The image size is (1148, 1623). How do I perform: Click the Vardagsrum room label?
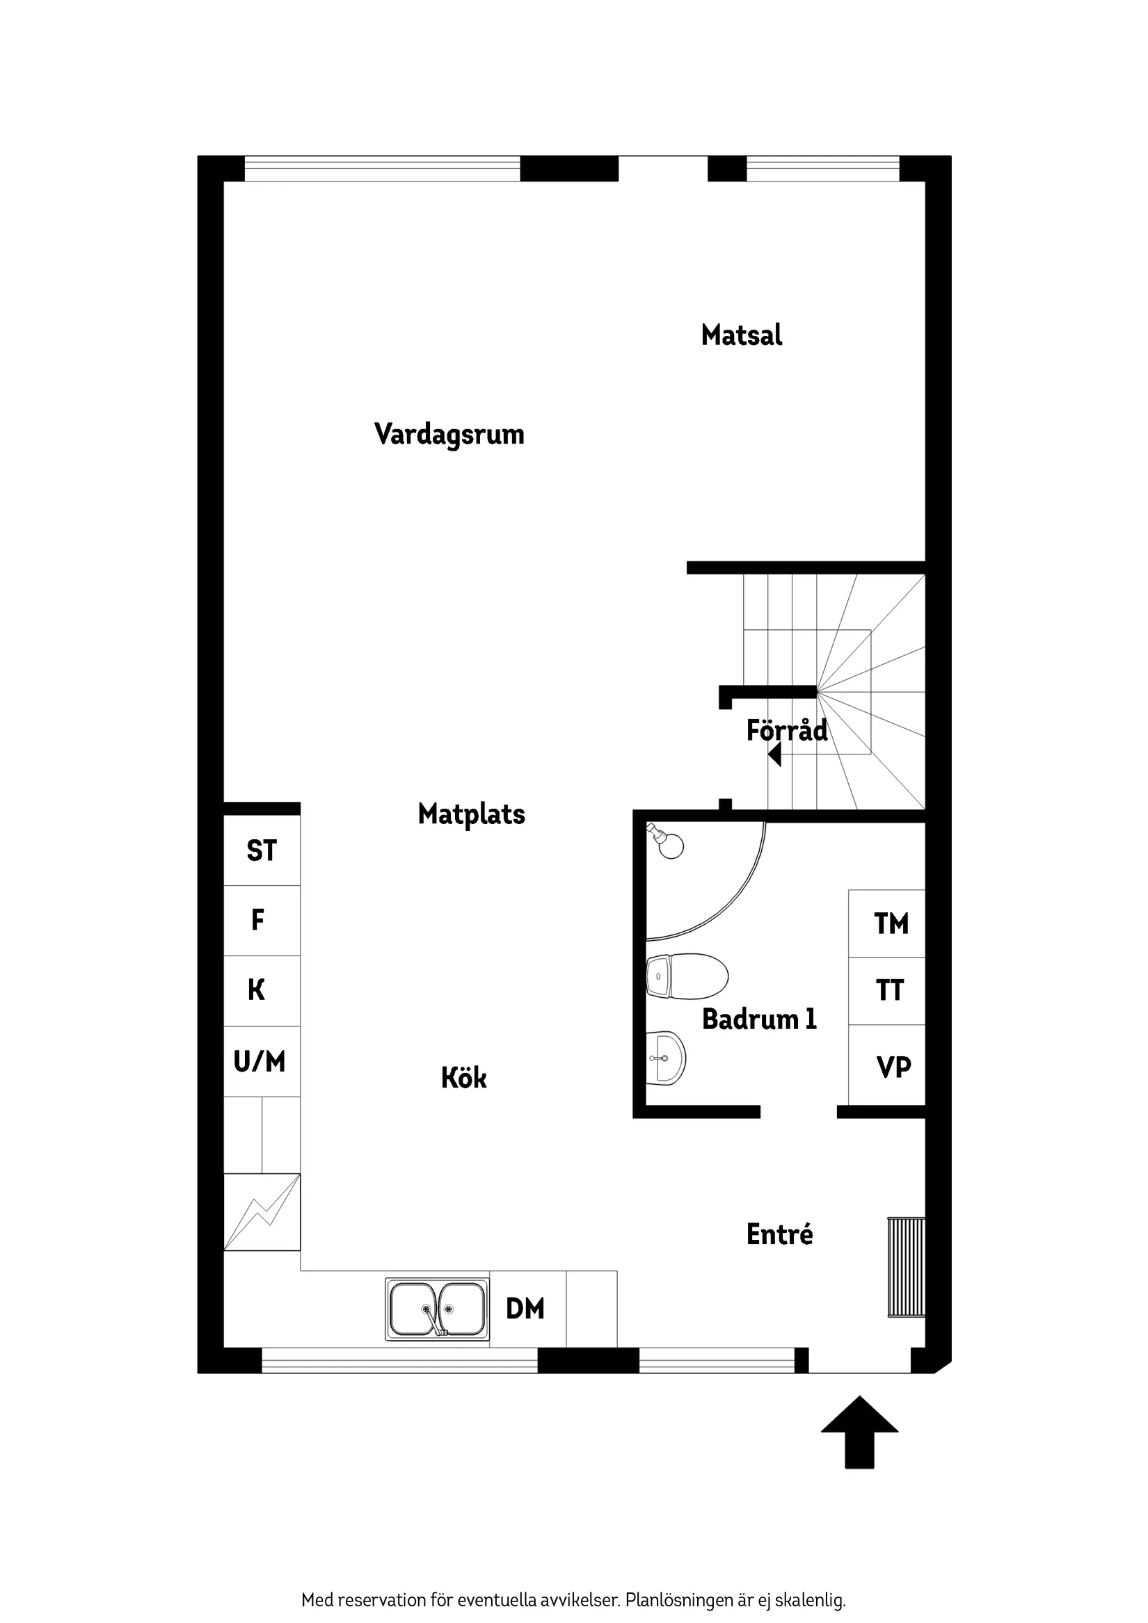[449, 434]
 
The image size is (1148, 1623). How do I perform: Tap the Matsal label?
[741, 335]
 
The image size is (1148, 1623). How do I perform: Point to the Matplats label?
[471, 814]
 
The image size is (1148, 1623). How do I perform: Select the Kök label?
[464, 1078]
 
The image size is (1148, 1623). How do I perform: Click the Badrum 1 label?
[759, 1019]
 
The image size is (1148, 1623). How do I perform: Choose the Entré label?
[779, 1234]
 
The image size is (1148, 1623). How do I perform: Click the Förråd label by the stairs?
[786, 730]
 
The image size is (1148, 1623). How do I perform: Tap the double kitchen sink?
[437, 1309]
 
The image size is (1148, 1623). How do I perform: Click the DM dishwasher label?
[525, 1309]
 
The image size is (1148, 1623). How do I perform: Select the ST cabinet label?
[261, 851]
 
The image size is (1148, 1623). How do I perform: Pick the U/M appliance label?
[260, 1062]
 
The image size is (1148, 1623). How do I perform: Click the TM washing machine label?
[891, 924]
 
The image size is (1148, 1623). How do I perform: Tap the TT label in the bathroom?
[890, 991]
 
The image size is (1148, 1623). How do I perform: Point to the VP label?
[893, 1067]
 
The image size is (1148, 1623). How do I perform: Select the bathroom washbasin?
[666, 1058]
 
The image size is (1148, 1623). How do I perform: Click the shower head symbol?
[665, 841]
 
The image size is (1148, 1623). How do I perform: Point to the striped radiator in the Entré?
[906, 1267]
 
